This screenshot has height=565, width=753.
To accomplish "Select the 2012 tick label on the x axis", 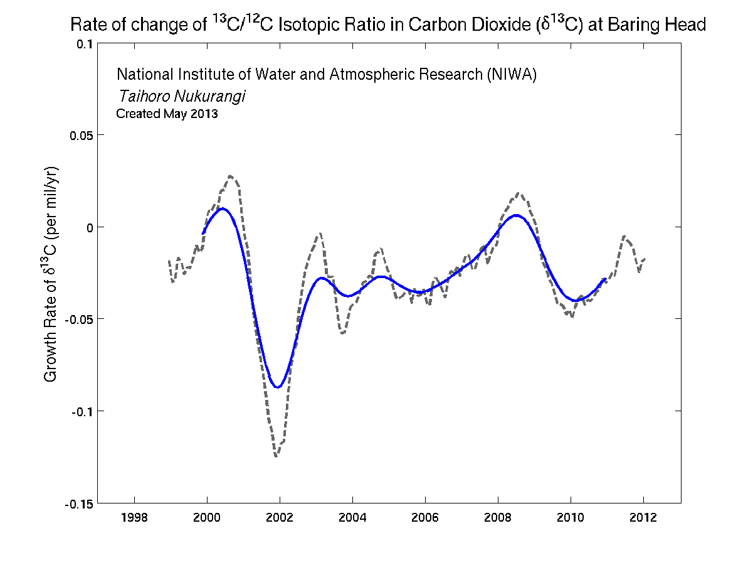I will [x=643, y=518].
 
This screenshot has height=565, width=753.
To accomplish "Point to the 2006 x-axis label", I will [x=425, y=518].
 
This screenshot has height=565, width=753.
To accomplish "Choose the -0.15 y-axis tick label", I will [x=79, y=503].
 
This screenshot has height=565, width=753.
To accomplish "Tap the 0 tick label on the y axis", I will [x=90, y=227].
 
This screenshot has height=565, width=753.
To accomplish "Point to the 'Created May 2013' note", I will [x=167, y=114].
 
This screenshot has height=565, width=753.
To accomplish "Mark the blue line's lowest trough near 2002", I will [x=278, y=387].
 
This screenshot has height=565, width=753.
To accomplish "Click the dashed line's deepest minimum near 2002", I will [x=276, y=456].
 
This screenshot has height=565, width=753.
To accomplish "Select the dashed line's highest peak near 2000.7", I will [x=231, y=176].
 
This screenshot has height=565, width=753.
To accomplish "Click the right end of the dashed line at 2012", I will [x=645, y=259].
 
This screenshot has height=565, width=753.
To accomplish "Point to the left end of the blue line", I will [x=203, y=234].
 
